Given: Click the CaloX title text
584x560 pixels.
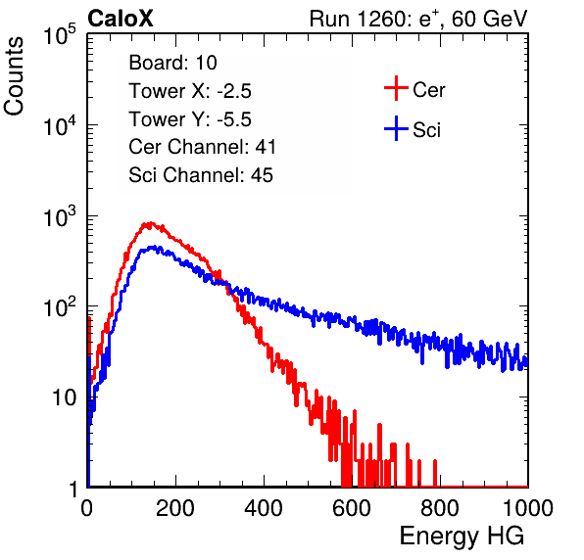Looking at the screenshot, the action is pos(121,19).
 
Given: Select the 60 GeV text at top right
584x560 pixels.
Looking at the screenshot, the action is pos(490,19).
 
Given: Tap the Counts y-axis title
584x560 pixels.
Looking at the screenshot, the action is pos(14,76).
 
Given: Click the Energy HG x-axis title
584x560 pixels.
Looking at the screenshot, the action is pos(462,537).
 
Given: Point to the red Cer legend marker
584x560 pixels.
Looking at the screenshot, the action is pos(396,88).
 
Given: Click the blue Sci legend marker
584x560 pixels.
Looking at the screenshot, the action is pos(396,129).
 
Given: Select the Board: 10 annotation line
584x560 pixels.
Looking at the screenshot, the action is pos(172,63).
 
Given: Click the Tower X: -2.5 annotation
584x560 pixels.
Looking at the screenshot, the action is pos(190,91).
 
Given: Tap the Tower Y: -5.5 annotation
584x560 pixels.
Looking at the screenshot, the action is pos(190,119).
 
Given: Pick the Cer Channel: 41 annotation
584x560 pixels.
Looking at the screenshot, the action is pos(202,147).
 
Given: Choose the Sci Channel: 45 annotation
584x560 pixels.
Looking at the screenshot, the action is pos(201,175).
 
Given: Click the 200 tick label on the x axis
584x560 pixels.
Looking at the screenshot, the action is pos(175,508).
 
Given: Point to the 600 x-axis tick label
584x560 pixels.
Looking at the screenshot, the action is pos(352,508).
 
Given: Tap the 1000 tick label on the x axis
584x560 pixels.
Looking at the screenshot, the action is pos(528,508).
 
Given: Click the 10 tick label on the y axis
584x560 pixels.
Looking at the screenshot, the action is pos(65,397).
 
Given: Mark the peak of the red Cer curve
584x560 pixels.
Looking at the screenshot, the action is pos(150,222).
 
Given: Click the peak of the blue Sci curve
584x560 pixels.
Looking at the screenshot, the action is pos(153,247).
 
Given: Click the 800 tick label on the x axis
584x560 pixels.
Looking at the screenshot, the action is pos(440,508).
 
